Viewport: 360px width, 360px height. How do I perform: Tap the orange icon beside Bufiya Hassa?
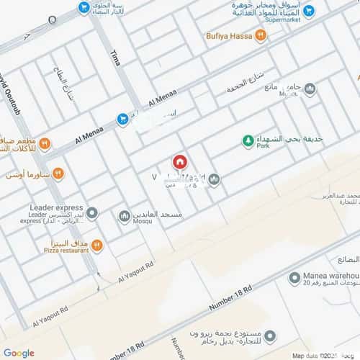coord(261,35)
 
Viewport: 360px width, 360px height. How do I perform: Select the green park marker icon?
coord(248,141)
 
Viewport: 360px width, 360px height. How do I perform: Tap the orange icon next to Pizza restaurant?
coord(96,246)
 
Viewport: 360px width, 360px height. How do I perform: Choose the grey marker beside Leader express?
coord(92,214)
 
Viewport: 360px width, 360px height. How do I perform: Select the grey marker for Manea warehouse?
coord(294,278)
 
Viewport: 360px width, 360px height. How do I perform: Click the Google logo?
coord(19,353)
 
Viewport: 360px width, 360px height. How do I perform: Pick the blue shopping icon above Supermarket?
coord(309,11)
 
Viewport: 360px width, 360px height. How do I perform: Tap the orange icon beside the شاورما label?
coord(58,174)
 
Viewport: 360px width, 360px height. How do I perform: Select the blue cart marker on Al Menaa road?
coord(122,119)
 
